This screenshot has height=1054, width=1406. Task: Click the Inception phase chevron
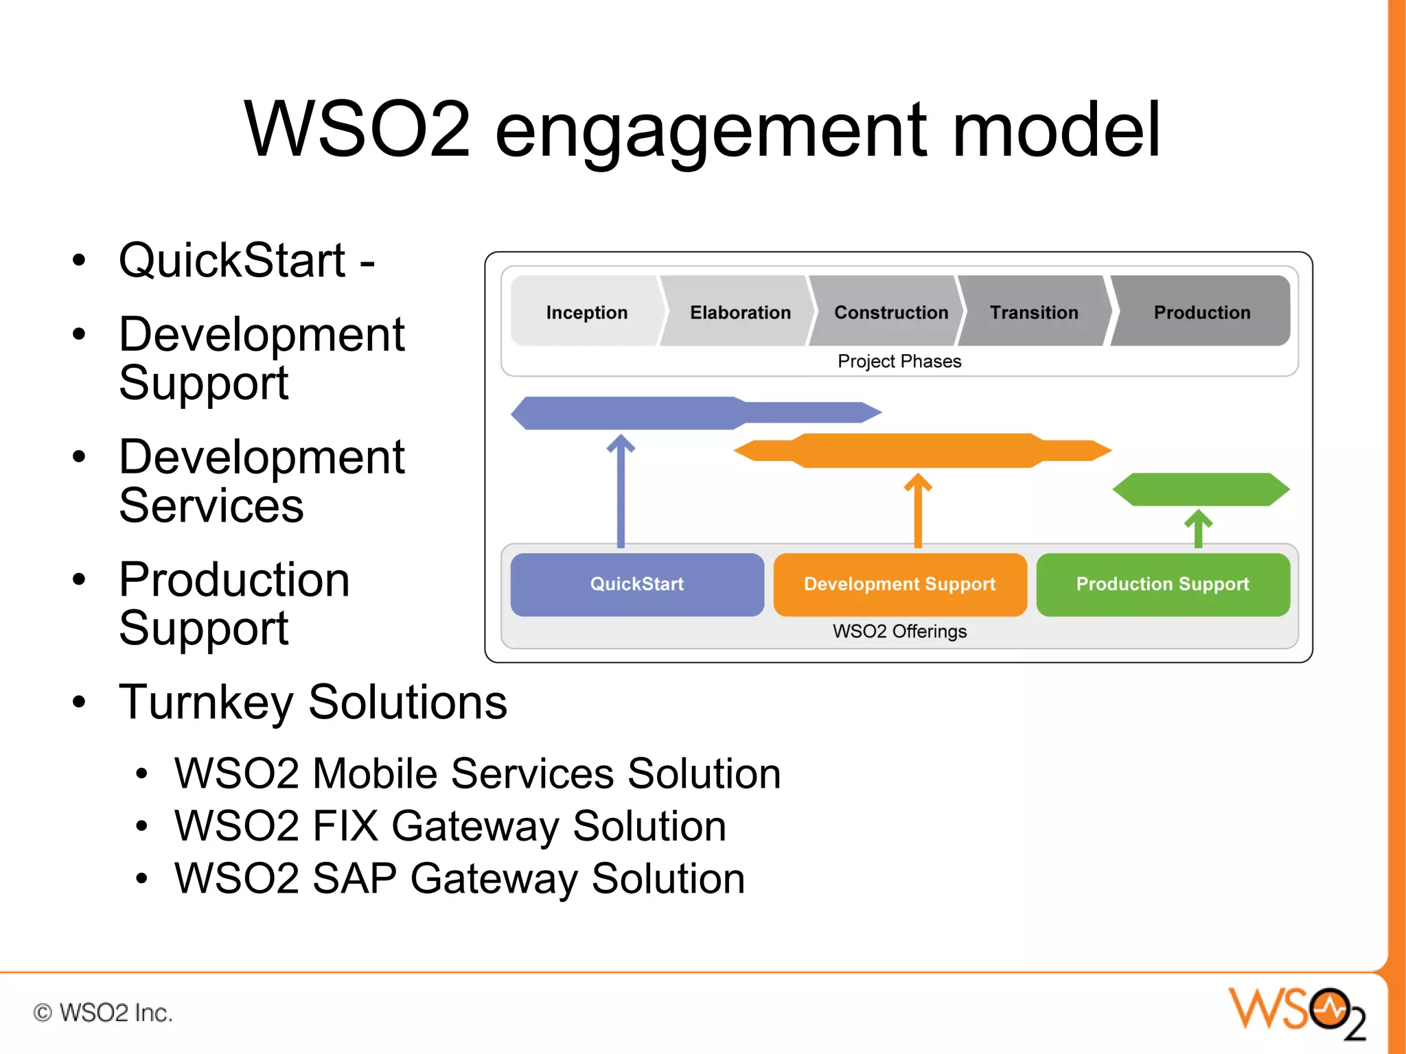tap(586, 312)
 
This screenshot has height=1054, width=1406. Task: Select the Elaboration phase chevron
tap(739, 312)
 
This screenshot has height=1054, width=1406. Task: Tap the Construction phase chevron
tap(890, 312)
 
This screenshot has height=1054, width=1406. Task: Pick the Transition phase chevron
tap(1034, 312)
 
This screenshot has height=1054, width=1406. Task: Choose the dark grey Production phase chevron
tap(1201, 312)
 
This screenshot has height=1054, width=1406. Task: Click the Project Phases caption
tap(899, 361)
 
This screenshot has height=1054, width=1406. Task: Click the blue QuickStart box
tap(637, 584)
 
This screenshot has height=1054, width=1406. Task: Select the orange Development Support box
tap(899, 584)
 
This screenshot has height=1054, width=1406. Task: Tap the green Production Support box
tap(1162, 584)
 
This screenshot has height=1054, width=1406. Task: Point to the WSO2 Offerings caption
tap(899, 631)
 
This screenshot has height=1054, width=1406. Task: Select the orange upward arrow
tap(918, 511)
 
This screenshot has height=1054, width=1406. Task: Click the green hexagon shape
tap(1201, 489)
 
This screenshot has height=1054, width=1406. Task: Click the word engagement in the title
tap(710, 130)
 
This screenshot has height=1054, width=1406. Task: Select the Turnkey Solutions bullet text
tap(312, 702)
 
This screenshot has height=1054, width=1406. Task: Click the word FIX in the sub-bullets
tap(345, 825)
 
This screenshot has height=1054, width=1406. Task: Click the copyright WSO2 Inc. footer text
tap(103, 1013)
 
